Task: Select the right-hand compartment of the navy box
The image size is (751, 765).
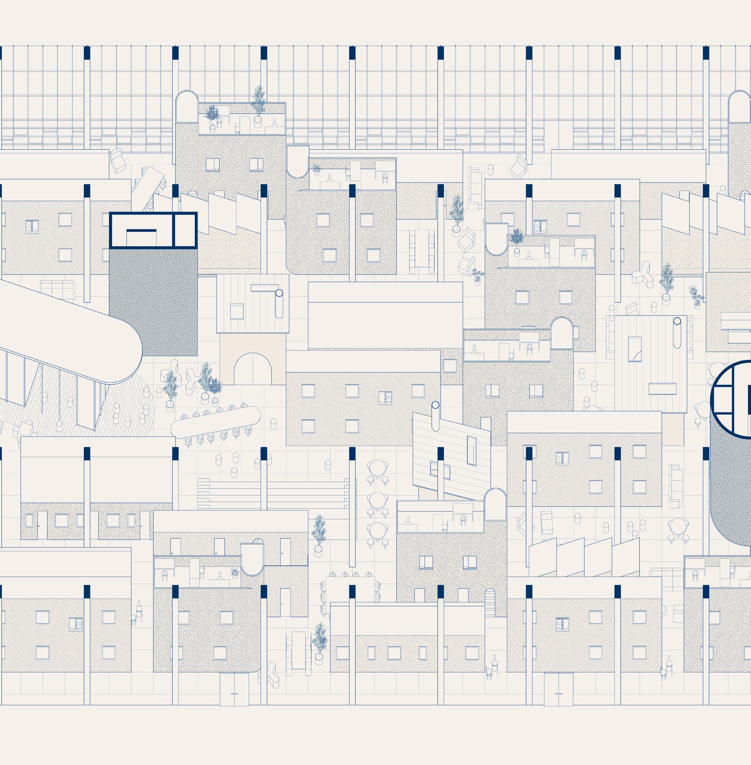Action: (x=185, y=230)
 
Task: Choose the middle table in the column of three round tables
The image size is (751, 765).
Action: (x=377, y=499)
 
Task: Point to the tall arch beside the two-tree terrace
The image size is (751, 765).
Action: (x=186, y=107)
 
